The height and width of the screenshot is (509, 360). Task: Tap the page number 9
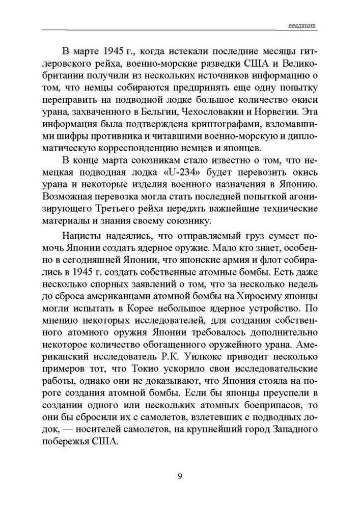point(180,476)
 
